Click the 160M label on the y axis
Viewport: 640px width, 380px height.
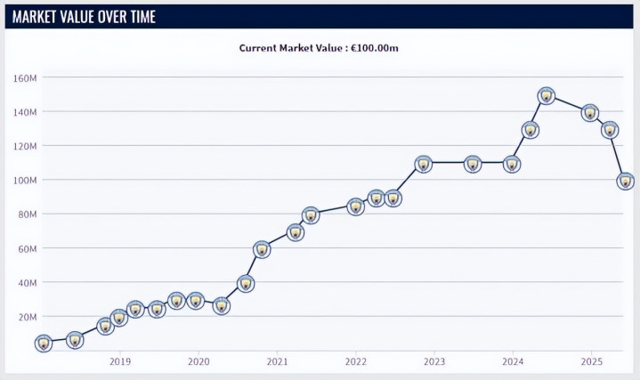pyautogui.click(x=24, y=77)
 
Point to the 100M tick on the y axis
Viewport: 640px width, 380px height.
pyautogui.click(x=24, y=180)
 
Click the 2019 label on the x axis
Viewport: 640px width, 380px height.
pyautogui.click(x=120, y=362)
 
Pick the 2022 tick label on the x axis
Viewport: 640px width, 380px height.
pyautogui.click(x=356, y=362)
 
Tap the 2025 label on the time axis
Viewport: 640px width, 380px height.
pyautogui.click(x=591, y=362)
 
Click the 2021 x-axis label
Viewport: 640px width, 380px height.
pyautogui.click(x=277, y=362)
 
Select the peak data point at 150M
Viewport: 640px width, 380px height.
pyautogui.click(x=547, y=96)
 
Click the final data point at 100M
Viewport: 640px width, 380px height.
pyautogui.click(x=625, y=182)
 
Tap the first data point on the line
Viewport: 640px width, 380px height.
pyautogui.click(x=43, y=343)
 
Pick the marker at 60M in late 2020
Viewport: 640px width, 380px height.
pyautogui.click(x=262, y=249)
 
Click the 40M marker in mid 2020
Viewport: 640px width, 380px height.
pyautogui.click(x=246, y=284)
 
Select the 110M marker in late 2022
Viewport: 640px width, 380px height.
pyautogui.click(x=424, y=164)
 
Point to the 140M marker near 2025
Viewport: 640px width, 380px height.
pyautogui.click(x=589, y=113)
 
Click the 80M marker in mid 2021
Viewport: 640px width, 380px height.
pyautogui.click(x=311, y=215)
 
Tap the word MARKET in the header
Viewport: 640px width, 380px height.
pyautogui.click(x=40, y=16)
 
